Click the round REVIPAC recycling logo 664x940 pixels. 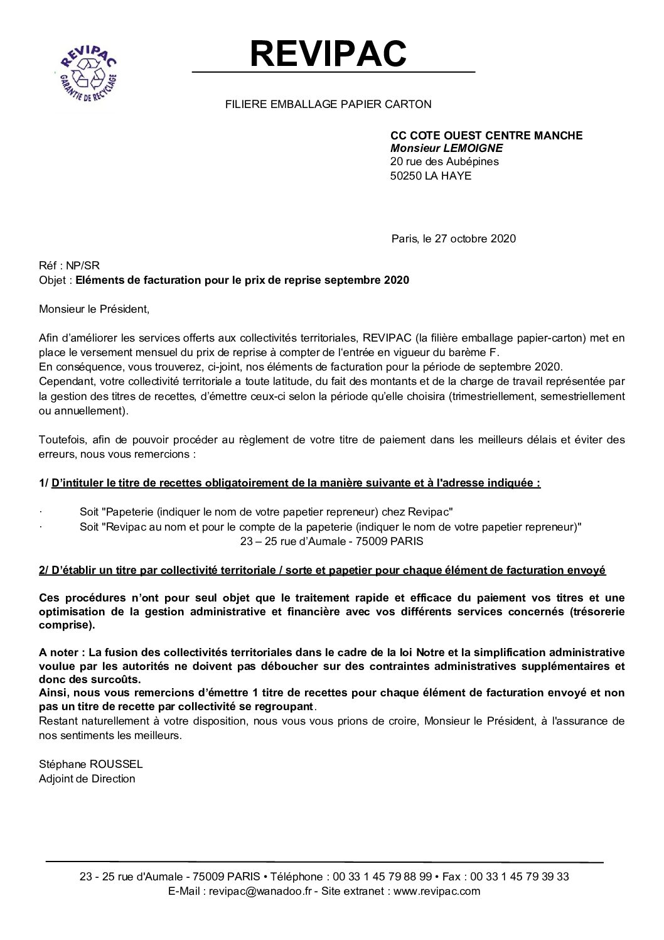coord(87,75)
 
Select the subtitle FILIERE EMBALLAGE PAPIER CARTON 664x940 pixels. coord(328,104)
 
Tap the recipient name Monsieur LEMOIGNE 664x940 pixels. coord(447,148)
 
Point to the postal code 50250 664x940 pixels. coord(405,176)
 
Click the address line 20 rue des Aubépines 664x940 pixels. coord(444,162)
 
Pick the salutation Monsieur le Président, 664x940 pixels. coord(95,309)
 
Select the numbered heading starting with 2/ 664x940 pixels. coord(322,570)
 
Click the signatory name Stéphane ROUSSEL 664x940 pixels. coord(91,764)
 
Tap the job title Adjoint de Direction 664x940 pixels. coord(87,779)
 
